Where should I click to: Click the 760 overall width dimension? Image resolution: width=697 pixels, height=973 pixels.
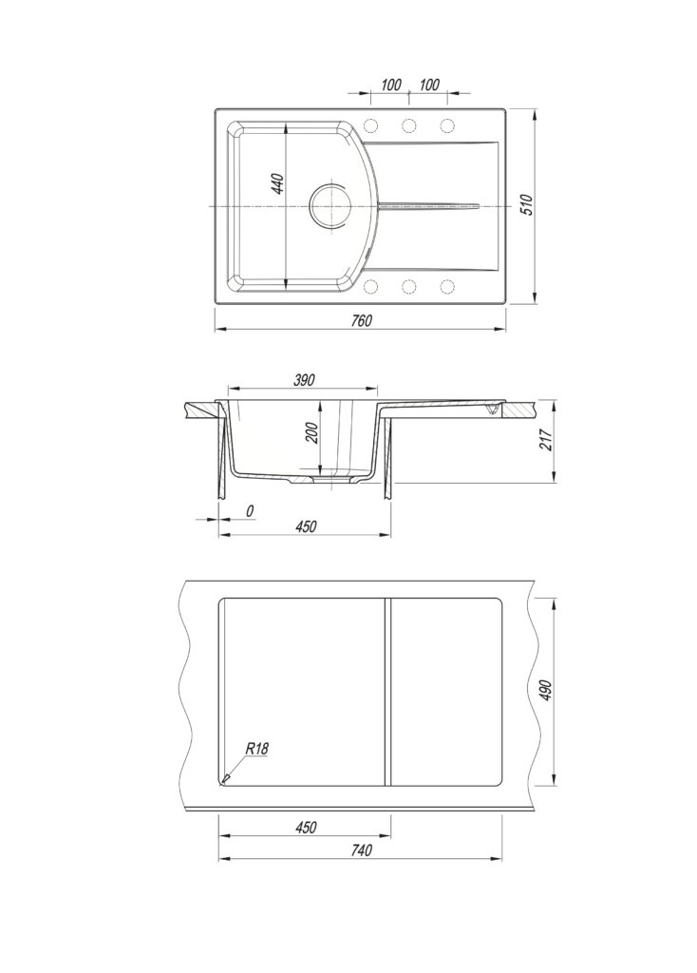361,320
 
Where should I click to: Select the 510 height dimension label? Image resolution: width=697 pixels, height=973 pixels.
527,205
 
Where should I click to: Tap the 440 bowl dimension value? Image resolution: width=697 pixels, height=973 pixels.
278,184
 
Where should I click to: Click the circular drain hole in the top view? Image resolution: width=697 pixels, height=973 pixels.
331,204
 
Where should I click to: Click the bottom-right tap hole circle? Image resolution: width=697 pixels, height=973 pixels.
446,287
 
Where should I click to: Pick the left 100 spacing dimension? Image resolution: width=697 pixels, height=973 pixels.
390,85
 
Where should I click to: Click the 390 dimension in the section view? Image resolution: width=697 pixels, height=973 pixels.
304,380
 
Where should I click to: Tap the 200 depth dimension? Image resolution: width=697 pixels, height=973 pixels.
311,432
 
